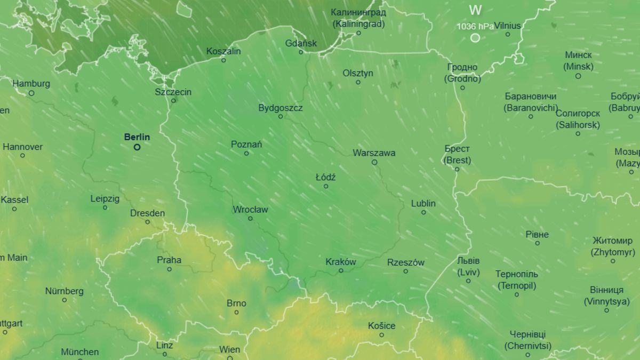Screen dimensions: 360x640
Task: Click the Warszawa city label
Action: pyautogui.click(x=374, y=153)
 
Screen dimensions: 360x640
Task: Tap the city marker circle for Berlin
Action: pyautogui.click(x=137, y=147)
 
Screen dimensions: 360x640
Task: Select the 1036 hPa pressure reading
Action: pyautogui.click(x=475, y=26)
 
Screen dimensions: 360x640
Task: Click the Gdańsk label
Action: pyautogui.click(x=301, y=43)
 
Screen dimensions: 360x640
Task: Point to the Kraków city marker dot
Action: pyautogui.click(x=341, y=271)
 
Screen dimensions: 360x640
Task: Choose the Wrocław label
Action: pyautogui.click(x=250, y=210)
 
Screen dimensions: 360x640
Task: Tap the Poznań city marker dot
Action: pyautogui.click(x=246, y=154)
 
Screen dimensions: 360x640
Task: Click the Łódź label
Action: pyautogui.click(x=325, y=177)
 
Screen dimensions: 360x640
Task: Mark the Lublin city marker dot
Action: pyautogui.click(x=423, y=212)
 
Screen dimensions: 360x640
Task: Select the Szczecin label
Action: pyautogui.click(x=173, y=92)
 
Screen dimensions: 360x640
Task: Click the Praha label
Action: pyautogui.click(x=169, y=260)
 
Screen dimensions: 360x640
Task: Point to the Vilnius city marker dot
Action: pyautogui.click(x=508, y=35)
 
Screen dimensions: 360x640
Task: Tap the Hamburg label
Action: pyautogui.click(x=31, y=84)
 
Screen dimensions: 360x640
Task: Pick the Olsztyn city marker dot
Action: pyautogui.click(x=358, y=82)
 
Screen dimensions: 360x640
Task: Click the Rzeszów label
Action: pyautogui.click(x=405, y=262)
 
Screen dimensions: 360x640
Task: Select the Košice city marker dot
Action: pyautogui.click(x=381, y=335)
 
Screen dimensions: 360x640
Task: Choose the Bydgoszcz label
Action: pyautogui.click(x=281, y=108)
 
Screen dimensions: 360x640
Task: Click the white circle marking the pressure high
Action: pyautogui.click(x=475, y=38)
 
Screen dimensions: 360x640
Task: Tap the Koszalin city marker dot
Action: pyautogui.click(x=223, y=60)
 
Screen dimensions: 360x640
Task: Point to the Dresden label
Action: pyautogui.click(x=147, y=213)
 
